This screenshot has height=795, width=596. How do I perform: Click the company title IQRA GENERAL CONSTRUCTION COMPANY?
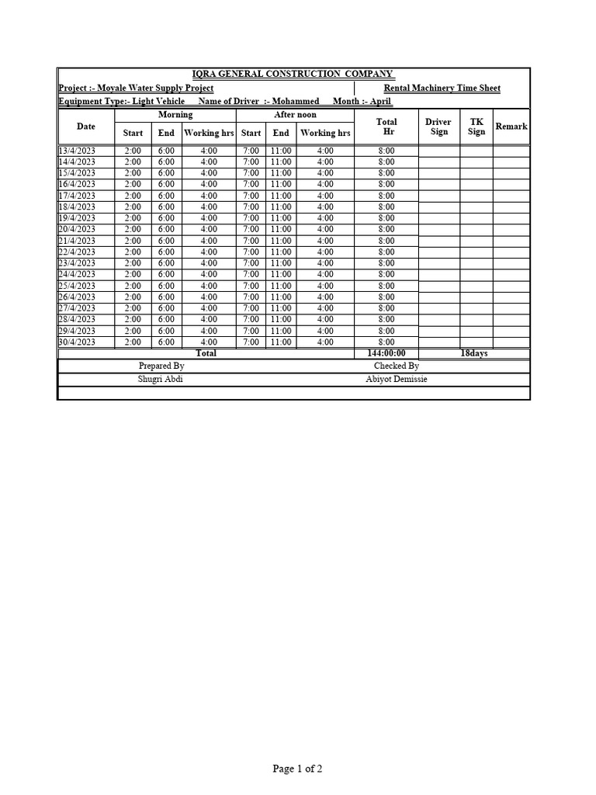pos(293,74)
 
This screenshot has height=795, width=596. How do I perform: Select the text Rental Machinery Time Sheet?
pos(442,89)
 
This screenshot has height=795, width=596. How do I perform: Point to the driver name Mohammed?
pos(295,102)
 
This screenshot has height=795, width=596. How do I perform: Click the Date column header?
pos(86,127)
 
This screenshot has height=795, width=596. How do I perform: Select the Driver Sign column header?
pos(438,127)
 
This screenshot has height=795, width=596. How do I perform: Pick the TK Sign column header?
pos(476,127)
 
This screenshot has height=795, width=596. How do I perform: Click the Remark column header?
pos(511,127)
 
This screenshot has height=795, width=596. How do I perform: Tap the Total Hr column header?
pos(386,127)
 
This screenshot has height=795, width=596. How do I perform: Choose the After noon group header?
pos(295,115)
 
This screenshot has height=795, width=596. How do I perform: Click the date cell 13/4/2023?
pos(77,151)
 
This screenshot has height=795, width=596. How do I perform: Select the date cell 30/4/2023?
pos(77,342)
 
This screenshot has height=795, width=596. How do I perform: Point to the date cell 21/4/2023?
pos(77,241)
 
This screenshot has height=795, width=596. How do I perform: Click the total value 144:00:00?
pos(386,353)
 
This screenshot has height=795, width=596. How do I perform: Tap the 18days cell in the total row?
pos(473,353)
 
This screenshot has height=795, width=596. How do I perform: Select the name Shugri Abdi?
pos(161,379)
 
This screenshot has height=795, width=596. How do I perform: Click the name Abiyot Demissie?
pos(396,379)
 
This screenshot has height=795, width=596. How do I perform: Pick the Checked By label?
pos(396,366)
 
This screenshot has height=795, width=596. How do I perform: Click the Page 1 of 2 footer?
pos(297,769)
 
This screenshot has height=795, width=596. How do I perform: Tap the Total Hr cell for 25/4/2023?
pos(386,286)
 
